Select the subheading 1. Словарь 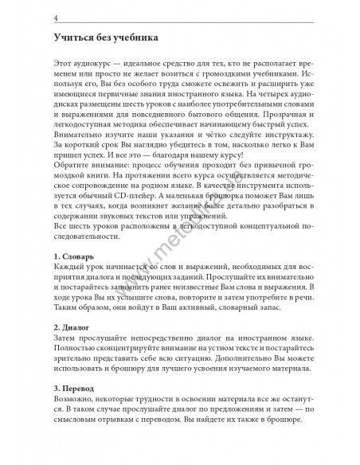click(x=73, y=257)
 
